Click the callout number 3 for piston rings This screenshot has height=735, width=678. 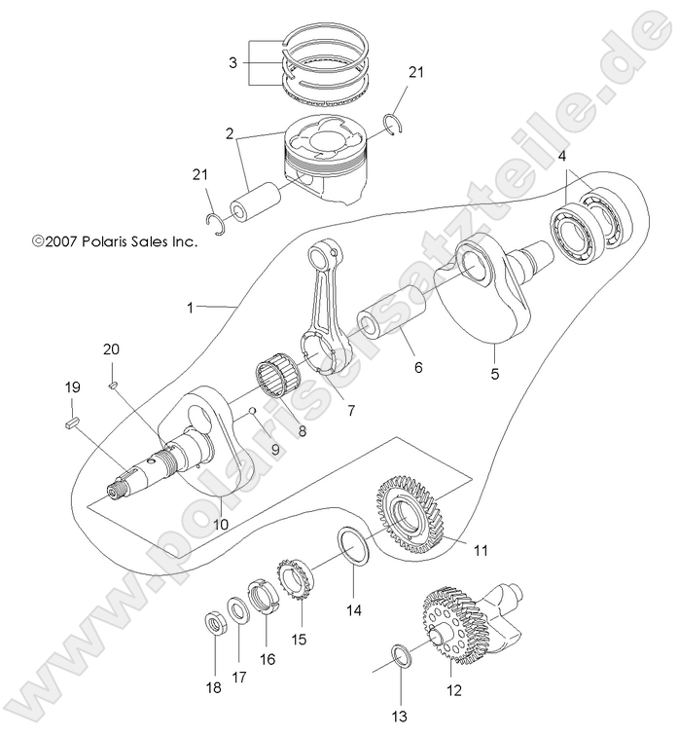point(232,62)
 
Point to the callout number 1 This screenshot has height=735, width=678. point(193,307)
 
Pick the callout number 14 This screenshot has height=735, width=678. point(354,610)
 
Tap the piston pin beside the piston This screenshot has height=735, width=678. point(255,201)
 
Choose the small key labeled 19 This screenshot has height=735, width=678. point(71,422)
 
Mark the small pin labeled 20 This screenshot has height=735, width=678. point(113,386)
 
